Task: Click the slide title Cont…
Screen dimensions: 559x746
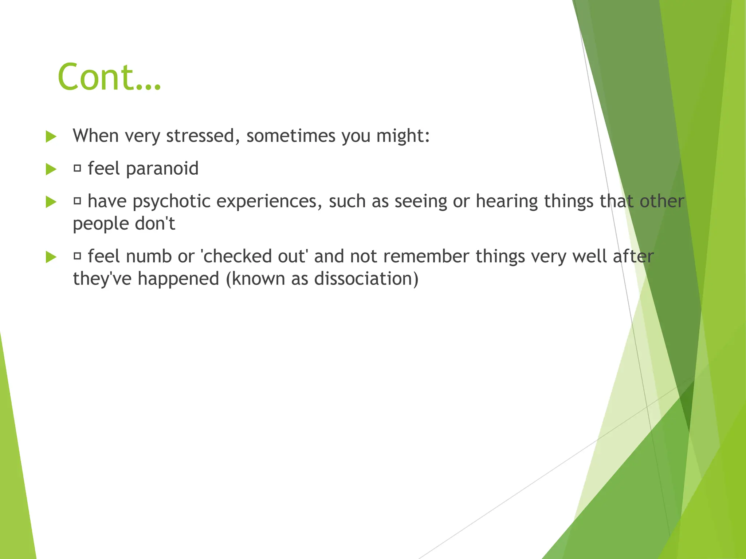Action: pyautogui.click(x=109, y=77)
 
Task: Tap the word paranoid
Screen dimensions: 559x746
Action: pyautogui.click(x=162, y=169)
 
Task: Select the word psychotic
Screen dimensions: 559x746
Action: pyautogui.click(x=171, y=202)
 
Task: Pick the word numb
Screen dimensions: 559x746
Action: pyautogui.click(x=149, y=256)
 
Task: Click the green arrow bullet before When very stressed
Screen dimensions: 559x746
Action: pyautogui.click(x=51, y=137)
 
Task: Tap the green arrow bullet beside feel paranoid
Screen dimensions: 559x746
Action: pyautogui.click(x=51, y=169)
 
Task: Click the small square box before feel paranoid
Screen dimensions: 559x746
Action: pyautogui.click(x=77, y=168)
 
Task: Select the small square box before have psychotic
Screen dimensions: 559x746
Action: pyautogui.click(x=77, y=201)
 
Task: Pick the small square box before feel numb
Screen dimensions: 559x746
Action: pyautogui.click(x=77, y=256)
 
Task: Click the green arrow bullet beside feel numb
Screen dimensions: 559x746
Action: pyautogui.click(x=51, y=257)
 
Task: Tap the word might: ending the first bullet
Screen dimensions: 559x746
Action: pyautogui.click(x=403, y=136)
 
